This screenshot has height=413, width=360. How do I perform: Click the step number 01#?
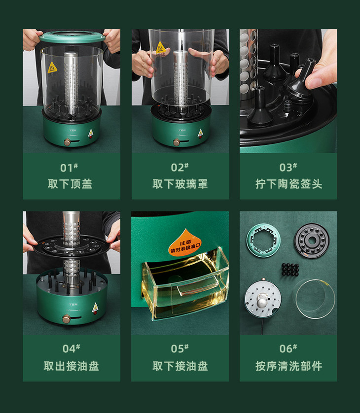tap(69, 168)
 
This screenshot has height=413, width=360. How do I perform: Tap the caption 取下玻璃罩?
tap(180, 184)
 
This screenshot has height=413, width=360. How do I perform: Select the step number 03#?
tap(288, 167)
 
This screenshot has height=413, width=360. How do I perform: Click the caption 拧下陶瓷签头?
tap(288, 184)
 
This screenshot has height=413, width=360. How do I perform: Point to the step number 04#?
tap(71, 348)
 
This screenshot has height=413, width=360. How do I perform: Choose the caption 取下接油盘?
tap(180, 366)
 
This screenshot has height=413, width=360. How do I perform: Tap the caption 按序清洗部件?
tap(288, 366)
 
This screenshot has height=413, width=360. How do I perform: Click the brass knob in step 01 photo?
tap(67, 142)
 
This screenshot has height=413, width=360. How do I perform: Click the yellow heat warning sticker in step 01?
tap(52, 68)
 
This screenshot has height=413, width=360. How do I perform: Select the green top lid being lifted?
tap(72, 37)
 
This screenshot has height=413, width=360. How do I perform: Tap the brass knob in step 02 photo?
tap(177, 142)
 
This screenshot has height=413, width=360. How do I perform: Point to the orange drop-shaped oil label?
tap(185, 242)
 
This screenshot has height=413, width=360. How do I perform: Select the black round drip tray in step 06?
tap(312, 241)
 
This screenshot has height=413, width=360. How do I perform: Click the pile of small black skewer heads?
tap(290, 269)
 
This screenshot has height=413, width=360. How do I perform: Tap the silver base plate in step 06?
tap(263, 298)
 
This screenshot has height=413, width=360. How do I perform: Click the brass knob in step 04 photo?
tap(66, 319)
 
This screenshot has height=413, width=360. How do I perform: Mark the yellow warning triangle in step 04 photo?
tap(95, 307)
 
